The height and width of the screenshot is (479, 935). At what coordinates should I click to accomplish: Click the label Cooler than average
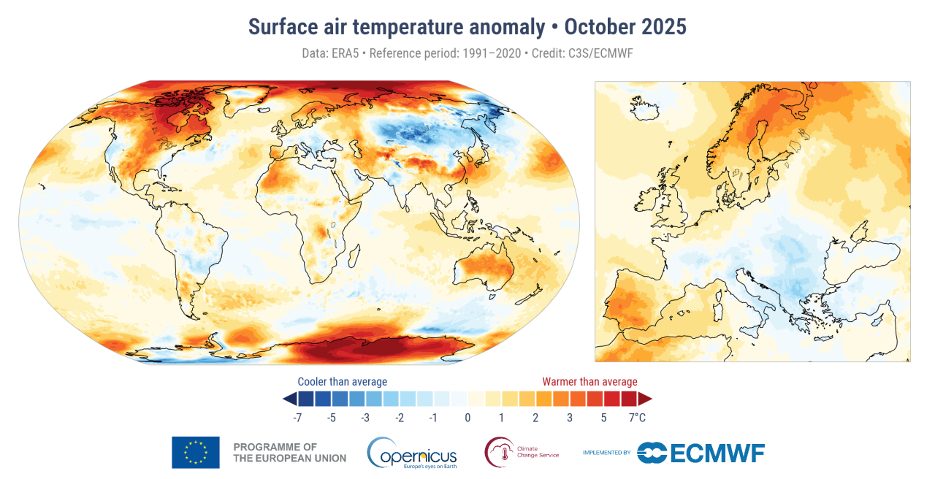(342, 382)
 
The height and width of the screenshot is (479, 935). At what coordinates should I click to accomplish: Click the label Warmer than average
(589, 382)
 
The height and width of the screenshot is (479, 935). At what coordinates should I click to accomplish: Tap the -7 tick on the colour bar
(297, 418)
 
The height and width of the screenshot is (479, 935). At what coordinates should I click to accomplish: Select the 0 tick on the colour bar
(467, 418)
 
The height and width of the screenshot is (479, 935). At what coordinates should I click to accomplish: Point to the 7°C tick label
(638, 418)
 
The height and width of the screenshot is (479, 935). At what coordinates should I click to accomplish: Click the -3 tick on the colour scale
(365, 418)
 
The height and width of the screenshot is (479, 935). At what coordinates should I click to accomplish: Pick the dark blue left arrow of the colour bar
(289, 399)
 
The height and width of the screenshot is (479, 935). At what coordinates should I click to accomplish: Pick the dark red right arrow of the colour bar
(645, 399)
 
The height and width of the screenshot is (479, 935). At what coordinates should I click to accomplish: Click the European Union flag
(195, 452)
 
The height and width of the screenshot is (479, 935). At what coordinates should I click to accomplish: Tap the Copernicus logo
(412, 453)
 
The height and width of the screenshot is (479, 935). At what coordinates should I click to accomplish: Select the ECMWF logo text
(716, 453)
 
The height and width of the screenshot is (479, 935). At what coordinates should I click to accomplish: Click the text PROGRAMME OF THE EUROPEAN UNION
(289, 453)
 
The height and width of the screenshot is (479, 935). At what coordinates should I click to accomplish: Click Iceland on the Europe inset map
(647, 108)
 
